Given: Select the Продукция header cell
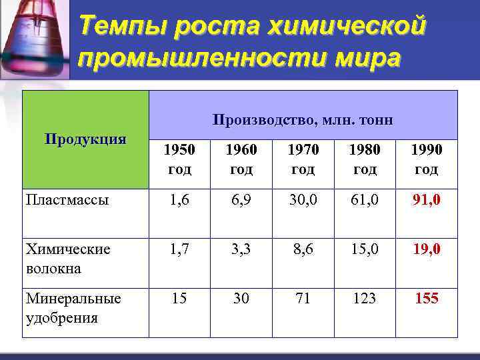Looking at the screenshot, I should pyautogui.click(x=85, y=139).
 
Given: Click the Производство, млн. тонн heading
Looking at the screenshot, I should pyautogui.click(x=303, y=120).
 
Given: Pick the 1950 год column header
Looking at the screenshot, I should pyautogui.click(x=179, y=159).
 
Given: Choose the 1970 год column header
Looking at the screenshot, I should pyautogui.click(x=303, y=159).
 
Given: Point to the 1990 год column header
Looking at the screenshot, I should pyautogui.click(x=427, y=159).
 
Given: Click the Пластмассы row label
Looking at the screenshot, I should pyautogui.click(x=67, y=200).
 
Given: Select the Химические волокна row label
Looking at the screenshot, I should pyautogui.click(x=68, y=259).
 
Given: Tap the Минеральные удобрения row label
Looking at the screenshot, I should pyautogui.click(x=73, y=308).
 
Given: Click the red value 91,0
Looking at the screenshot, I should pyautogui.click(x=427, y=199).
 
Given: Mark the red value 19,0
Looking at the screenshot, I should pyautogui.click(x=427, y=249).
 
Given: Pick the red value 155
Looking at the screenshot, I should pyautogui.click(x=427, y=299).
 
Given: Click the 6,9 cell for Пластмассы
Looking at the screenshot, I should pyautogui.click(x=241, y=199).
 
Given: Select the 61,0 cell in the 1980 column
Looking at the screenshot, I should pyautogui.click(x=365, y=199).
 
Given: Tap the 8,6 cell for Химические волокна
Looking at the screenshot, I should pyautogui.click(x=303, y=249).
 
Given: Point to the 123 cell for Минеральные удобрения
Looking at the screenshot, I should pyautogui.click(x=365, y=299).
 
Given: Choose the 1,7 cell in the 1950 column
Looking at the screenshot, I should pyautogui.click(x=179, y=249).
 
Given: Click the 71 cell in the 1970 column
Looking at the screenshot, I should pyautogui.click(x=303, y=299).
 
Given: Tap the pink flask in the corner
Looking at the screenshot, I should pyautogui.click(x=33, y=37).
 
